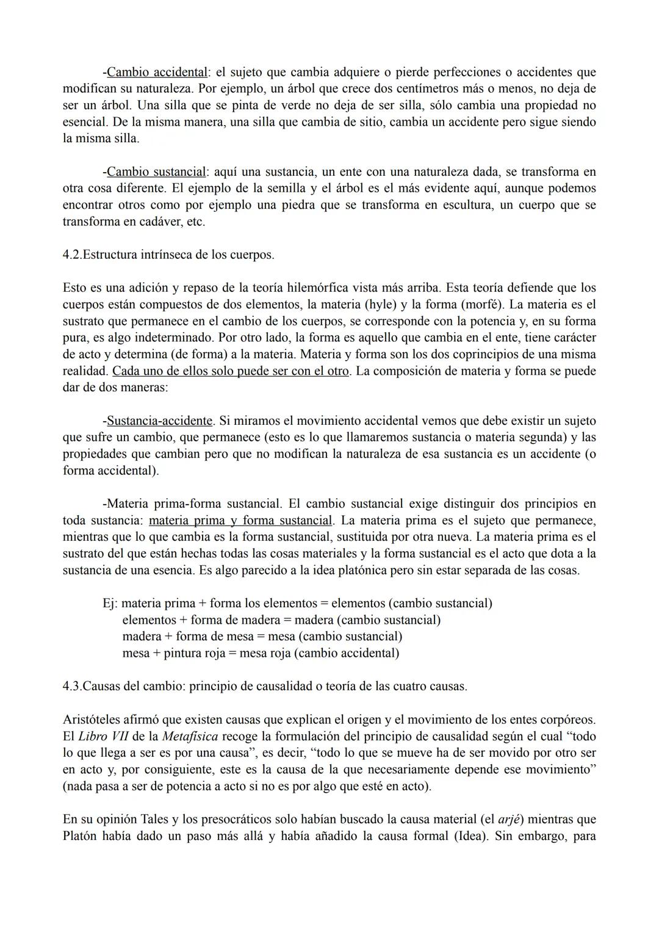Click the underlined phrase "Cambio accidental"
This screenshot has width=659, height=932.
pyautogui.click(x=156, y=73)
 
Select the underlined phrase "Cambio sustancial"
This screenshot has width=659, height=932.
pyautogui.click(x=156, y=172)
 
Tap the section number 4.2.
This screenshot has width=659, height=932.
pyautogui.click(x=72, y=255)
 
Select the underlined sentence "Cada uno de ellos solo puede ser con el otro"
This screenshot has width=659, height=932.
pyautogui.click(x=231, y=371)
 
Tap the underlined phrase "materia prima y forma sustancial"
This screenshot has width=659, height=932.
pyautogui.click(x=241, y=521)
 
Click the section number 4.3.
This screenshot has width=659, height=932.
pyautogui.click(x=72, y=686)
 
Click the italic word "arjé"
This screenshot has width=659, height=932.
pyautogui.click(x=508, y=820)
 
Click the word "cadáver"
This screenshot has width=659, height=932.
pyautogui.click(x=156, y=222)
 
